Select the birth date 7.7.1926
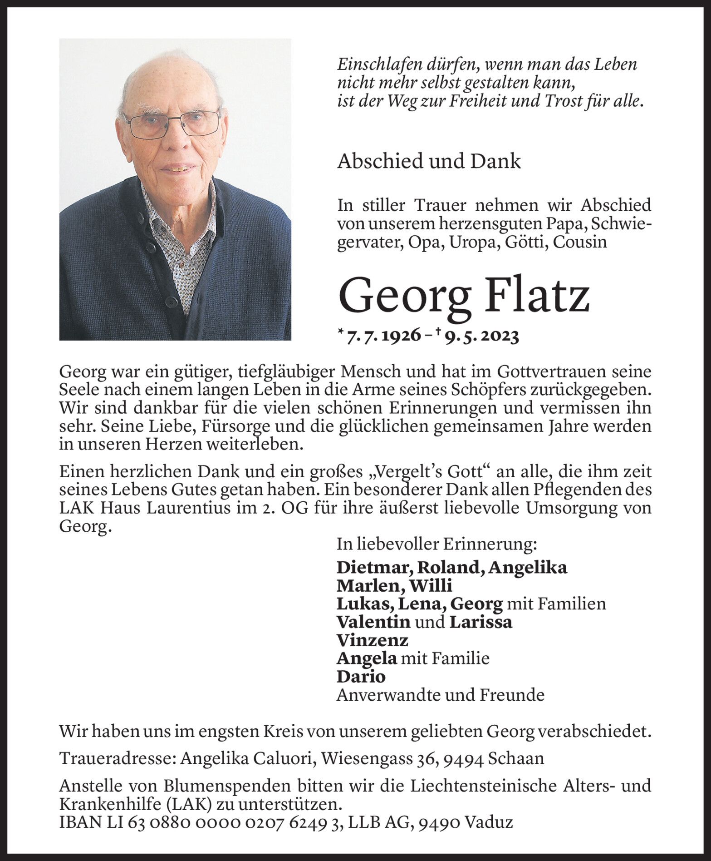[383, 337]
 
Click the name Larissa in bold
[481, 622]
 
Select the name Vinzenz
[372, 640]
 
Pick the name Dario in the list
[361, 677]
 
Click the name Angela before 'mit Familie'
[367, 658]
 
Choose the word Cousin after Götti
[581, 242]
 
